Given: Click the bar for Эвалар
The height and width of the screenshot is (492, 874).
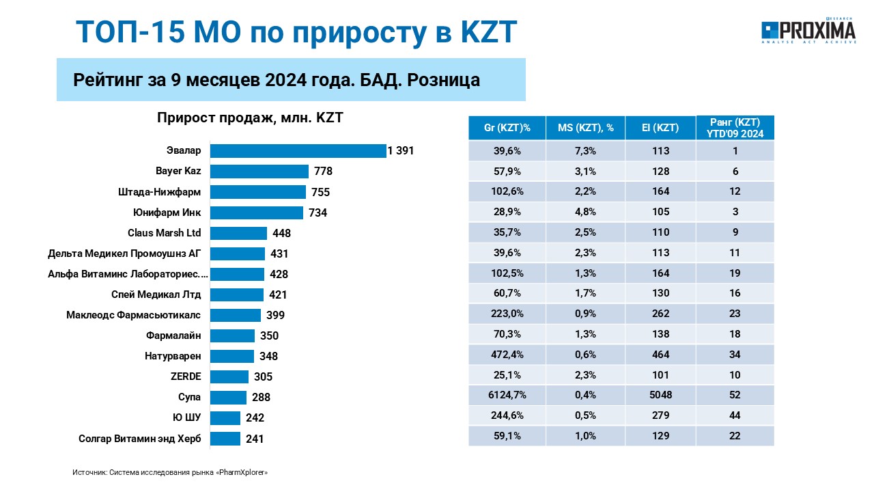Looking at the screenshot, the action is [298, 151].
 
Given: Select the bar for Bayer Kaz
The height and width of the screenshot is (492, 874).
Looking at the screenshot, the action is [259, 172].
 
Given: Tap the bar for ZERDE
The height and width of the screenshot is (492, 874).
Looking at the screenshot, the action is [229, 377].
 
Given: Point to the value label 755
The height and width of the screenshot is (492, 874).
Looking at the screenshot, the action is [320, 192].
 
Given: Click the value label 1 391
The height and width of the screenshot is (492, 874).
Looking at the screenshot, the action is [400, 151].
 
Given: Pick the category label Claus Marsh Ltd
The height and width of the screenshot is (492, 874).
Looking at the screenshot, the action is [165, 233].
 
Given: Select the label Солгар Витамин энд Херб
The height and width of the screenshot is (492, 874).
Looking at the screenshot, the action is [140, 439].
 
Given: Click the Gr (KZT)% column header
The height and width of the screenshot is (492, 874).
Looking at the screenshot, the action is [507, 128].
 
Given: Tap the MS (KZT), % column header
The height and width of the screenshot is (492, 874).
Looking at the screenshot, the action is [585, 128].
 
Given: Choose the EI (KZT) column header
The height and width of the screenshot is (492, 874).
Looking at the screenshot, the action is [660, 128].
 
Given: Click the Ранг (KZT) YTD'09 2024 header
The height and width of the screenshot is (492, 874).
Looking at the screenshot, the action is [735, 128].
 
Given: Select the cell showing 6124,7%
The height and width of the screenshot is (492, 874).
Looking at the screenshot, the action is [507, 395].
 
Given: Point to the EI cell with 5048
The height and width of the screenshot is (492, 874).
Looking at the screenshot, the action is [660, 395].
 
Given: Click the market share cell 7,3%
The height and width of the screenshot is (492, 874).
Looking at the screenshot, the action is [585, 151].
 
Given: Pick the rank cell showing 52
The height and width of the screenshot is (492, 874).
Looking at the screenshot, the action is [735, 395].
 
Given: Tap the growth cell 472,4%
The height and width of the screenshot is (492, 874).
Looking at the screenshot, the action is [507, 355].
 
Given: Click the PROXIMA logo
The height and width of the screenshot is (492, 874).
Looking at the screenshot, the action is [808, 31].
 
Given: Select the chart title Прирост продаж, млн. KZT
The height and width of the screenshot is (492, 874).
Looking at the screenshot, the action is [250, 118].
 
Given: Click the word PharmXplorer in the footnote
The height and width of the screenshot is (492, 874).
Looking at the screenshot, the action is [242, 472].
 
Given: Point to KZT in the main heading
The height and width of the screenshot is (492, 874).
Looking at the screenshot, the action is [489, 31].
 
